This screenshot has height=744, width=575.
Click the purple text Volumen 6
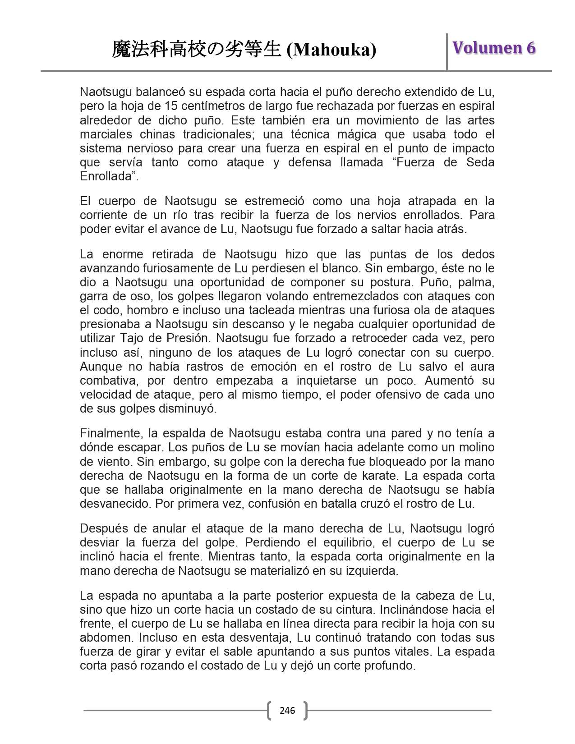(x=494, y=48)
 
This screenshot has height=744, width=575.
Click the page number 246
(x=287, y=711)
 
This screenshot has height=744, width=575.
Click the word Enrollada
(x=106, y=176)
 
